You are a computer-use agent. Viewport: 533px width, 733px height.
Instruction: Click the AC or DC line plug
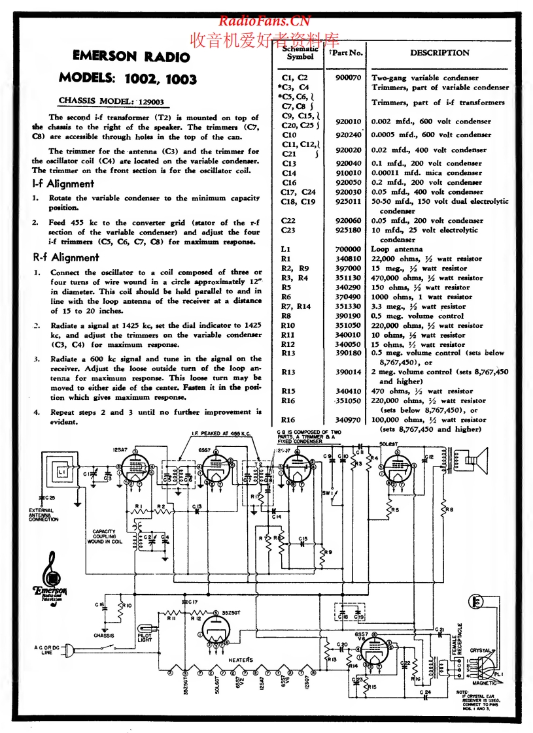71,649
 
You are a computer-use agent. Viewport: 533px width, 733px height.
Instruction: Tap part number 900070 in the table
347,77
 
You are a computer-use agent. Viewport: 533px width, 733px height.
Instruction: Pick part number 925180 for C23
347,230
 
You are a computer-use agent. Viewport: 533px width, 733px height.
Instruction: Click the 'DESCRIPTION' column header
439,53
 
